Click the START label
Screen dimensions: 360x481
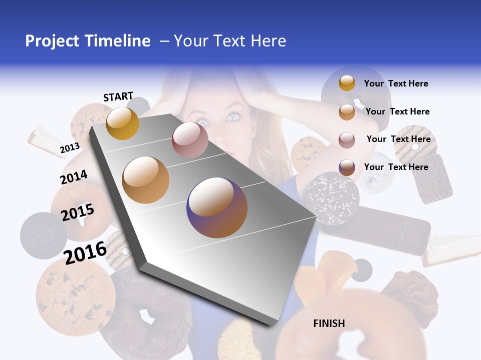(118, 96)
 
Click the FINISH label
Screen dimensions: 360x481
(329, 323)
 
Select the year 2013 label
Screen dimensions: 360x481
(70, 148)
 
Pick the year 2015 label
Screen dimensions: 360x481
(78, 212)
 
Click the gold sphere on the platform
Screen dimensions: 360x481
(122, 123)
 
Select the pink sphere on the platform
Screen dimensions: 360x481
(190, 140)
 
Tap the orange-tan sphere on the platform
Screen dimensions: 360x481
(146, 179)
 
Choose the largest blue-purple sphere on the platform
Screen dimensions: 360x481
(217, 207)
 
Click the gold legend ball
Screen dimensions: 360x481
(347, 83)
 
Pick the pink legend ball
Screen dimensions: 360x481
(347, 139)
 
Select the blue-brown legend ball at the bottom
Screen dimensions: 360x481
(347, 167)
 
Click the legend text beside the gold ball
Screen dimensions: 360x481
(396, 83)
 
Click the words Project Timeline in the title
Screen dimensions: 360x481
(88, 41)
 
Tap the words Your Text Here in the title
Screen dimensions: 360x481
(229, 41)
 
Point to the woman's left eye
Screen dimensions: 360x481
(233, 117)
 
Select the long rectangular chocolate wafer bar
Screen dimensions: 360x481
(381, 227)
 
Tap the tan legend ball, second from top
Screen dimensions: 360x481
(347, 112)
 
